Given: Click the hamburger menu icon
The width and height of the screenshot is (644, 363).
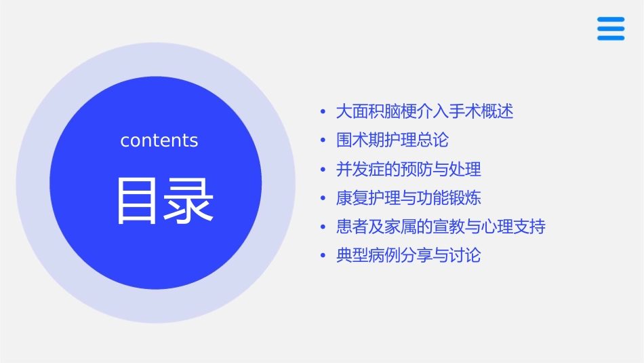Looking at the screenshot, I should click(x=610, y=28).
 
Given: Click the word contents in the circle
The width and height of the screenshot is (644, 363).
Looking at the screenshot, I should click(x=159, y=140).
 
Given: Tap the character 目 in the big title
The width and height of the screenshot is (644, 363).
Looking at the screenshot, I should click(x=138, y=200).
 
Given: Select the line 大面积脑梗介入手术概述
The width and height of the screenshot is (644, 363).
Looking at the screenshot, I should click(x=424, y=111).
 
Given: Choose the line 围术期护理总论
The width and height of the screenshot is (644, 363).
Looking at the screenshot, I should click(x=392, y=140).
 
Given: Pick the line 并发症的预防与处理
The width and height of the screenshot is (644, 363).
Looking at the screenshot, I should click(x=408, y=169).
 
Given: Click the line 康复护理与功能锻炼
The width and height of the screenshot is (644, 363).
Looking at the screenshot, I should click(x=408, y=198).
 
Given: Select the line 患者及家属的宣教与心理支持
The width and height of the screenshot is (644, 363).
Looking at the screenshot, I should click(x=441, y=227).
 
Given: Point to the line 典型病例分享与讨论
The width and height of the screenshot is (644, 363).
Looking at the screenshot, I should click(x=408, y=256).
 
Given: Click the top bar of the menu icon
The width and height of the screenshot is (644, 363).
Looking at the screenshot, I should click(x=610, y=19).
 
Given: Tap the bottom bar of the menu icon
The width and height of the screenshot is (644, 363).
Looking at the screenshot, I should click(x=610, y=38).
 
